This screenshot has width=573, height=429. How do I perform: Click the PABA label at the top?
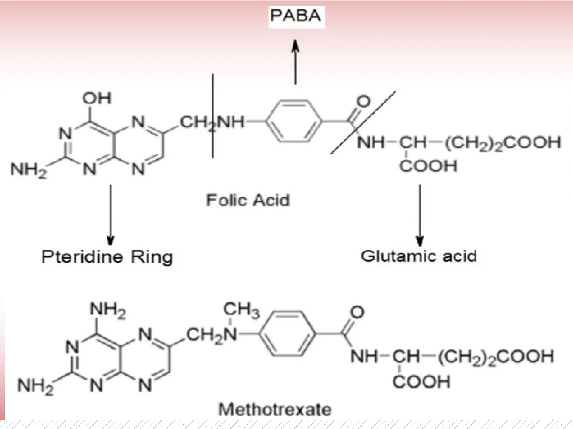(x=296, y=16)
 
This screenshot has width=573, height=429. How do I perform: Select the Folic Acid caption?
(x=248, y=200)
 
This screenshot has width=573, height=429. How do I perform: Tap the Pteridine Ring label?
(x=107, y=257)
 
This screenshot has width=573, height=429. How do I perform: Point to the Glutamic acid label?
(x=419, y=256)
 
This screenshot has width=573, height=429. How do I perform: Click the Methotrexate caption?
(x=275, y=410)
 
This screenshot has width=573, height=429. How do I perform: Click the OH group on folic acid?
(x=97, y=98)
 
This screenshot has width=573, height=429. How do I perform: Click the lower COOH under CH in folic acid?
(x=428, y=166)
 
